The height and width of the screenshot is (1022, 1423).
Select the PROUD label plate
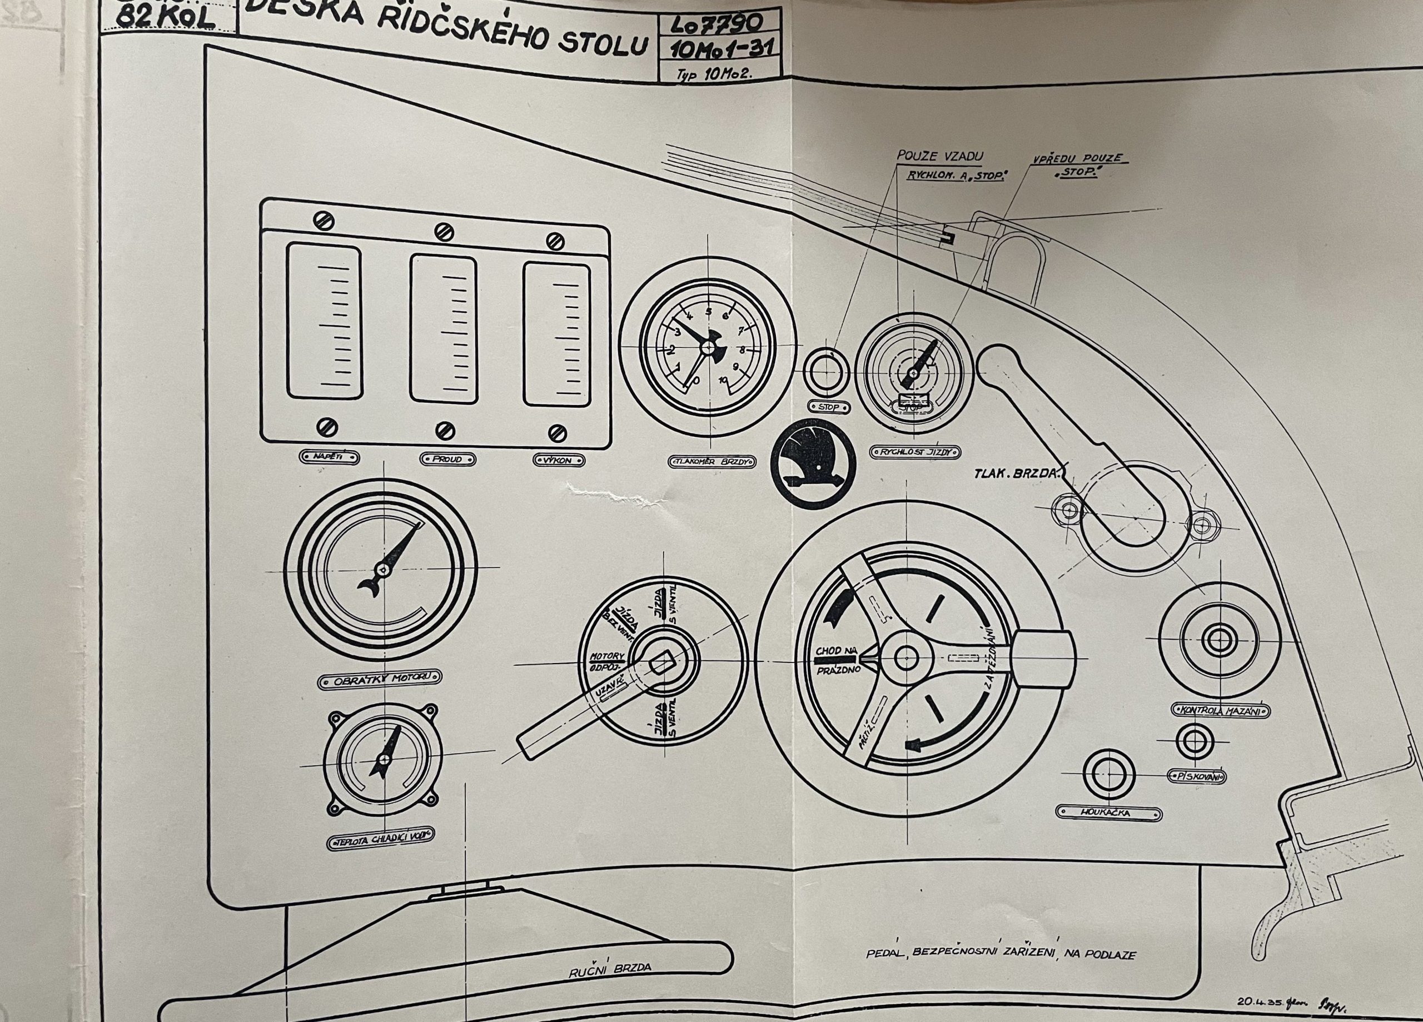pyautogui.click(x=446, y=459)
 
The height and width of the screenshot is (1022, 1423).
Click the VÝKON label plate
pyautogui.click(x=559, y=461)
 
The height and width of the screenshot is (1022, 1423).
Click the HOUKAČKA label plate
pyautogui.click(x=1108, y=813)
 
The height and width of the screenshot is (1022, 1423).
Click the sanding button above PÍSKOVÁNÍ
pyautogui.click(x=1195, y=741)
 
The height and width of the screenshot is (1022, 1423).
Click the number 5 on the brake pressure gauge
pyautogui.click(x=709, y=311)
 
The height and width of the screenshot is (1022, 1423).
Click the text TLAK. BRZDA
pyautogui.click(x=1017, y=473)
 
